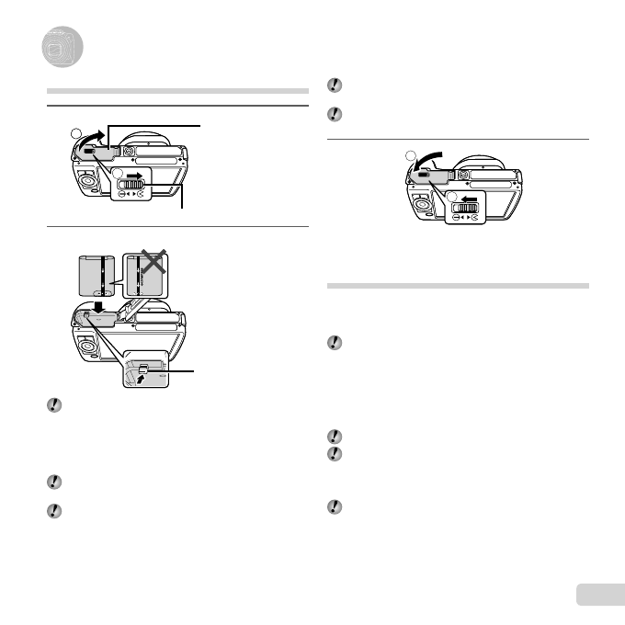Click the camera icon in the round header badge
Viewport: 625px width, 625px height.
60,49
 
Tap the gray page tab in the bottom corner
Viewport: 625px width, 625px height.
599,595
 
